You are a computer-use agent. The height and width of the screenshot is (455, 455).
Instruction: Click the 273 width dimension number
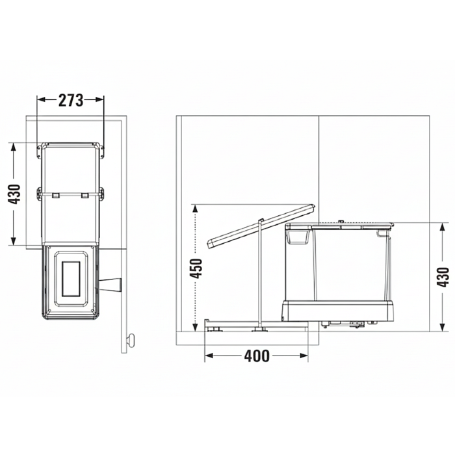71,100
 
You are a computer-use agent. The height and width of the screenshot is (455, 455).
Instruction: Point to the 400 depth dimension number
256,356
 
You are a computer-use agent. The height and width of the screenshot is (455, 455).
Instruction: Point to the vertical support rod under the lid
261,273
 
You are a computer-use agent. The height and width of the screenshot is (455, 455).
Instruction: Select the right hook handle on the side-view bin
382,233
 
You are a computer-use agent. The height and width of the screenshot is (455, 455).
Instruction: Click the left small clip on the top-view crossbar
57,194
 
